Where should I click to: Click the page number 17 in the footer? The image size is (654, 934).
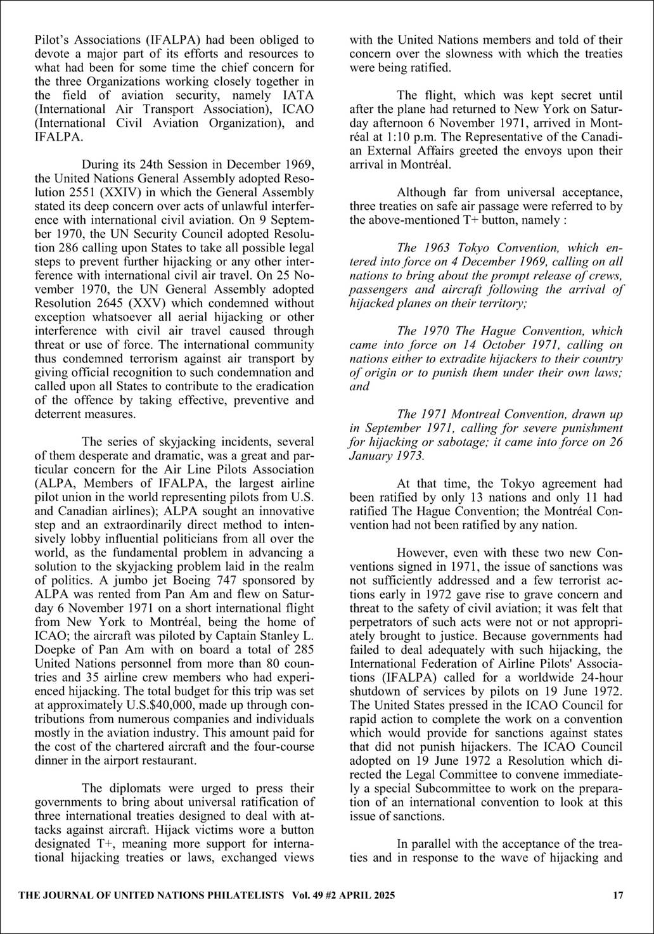619,895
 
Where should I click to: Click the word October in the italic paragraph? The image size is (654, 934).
504,344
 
